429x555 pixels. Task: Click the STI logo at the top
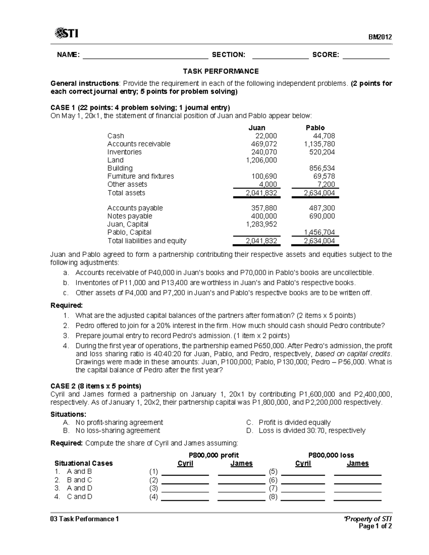(66, 34)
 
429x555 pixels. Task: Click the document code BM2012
(381, 37)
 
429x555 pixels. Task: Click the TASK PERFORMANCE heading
(221, 71)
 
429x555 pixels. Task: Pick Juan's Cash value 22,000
(266, 136)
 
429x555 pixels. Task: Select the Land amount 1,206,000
(261, 160)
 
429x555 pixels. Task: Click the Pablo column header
(315, 128)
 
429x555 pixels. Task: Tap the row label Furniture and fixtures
(140, 176)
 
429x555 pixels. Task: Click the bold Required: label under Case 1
(66, 306)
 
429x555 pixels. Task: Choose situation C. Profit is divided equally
(289, 422)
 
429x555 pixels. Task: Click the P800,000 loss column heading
(331, 455)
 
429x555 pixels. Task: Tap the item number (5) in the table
(273, 471)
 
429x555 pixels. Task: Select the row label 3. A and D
(74, 488)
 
